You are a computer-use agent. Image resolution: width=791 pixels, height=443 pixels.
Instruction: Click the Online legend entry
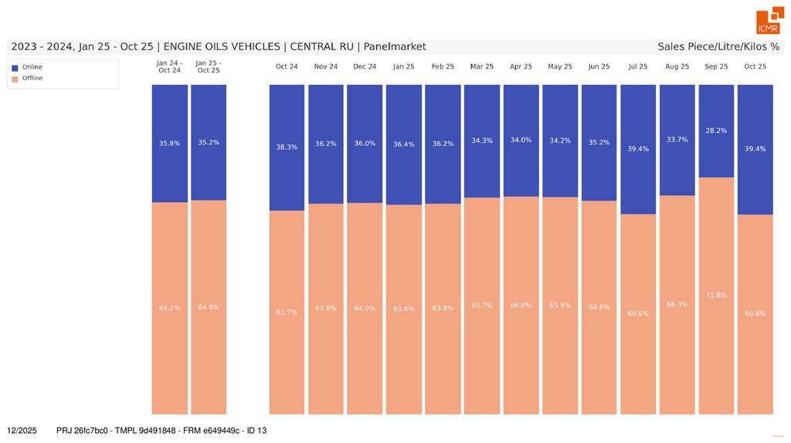point(32,67)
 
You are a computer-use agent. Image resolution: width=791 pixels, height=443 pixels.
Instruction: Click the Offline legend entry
point(32,78)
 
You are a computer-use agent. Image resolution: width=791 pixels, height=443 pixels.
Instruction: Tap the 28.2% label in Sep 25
point(716,131)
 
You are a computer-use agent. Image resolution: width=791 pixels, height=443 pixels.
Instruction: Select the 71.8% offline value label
point(716,295)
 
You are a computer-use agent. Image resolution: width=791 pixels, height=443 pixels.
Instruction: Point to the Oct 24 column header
point(287,67)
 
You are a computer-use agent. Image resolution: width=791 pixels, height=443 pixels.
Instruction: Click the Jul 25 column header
point(638,67)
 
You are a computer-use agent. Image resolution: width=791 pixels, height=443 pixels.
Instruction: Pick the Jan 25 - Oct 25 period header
point(209,66)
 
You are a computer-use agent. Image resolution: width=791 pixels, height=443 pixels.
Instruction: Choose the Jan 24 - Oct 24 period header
point(169,66)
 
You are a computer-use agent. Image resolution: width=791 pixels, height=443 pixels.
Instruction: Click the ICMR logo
point(769,22)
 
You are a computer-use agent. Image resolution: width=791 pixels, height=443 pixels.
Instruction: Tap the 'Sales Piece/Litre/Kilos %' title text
point(718,47)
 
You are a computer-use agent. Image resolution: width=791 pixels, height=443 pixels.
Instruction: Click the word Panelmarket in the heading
point(394,47)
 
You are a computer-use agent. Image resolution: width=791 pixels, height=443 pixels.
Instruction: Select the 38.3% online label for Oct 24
point(287,147)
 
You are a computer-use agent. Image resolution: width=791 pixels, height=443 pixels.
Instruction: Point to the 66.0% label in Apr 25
point(521,305)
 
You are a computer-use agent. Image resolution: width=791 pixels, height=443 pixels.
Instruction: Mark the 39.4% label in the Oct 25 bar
point(755,149)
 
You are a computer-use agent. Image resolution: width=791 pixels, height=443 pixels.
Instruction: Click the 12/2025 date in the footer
point(22,430)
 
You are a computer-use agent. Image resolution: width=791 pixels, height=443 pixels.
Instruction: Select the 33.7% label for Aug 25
point(677,140)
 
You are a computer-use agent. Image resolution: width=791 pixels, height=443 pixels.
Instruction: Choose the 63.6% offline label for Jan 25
point(403,309)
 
